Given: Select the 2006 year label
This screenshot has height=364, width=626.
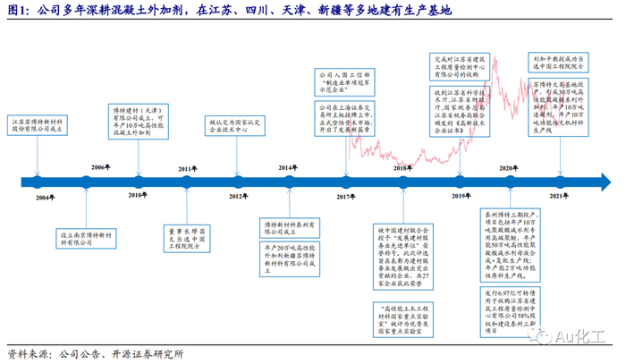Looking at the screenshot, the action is pos(101,167).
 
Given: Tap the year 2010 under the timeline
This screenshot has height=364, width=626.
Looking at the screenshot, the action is pos(136,196).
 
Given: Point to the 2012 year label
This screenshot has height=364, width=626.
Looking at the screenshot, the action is pos(237,196).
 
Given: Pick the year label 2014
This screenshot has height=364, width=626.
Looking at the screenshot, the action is pos(287,167).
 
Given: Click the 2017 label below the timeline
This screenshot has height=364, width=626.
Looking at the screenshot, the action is pos(347,196).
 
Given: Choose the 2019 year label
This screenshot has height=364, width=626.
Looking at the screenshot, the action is pos(461,196).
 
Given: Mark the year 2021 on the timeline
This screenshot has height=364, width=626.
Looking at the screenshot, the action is pos(560,196).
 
